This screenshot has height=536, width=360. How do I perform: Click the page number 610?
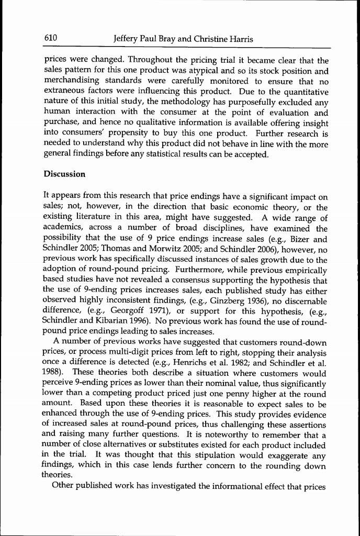(x=50, y=39)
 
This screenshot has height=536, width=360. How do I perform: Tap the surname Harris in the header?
(x=240, y=39)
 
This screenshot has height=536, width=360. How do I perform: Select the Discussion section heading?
(x=64, y=173)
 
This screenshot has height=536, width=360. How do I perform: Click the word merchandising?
(x=72, y=82)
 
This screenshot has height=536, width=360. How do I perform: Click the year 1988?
(x=52, y=373)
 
